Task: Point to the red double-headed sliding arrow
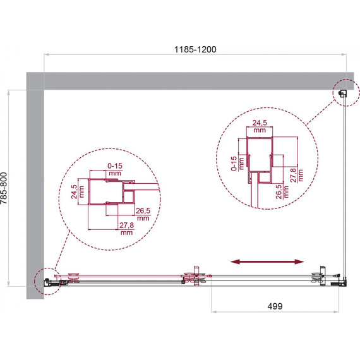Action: (265, 261)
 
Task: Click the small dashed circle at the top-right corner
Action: (342, 93)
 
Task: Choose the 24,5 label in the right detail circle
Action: (259, 124)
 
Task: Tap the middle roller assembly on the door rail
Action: (193, 277)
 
